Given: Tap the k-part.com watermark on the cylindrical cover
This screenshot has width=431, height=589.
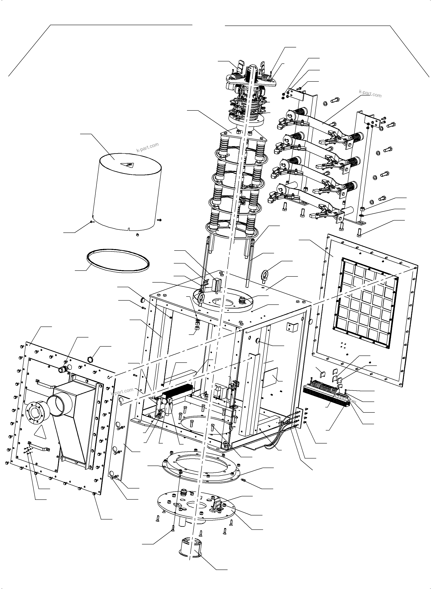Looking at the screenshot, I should tap(147, 147).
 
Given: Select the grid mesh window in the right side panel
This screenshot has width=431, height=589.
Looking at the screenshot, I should tap(365, 303).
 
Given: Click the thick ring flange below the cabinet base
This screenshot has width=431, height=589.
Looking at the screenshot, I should tap(201, 469).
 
